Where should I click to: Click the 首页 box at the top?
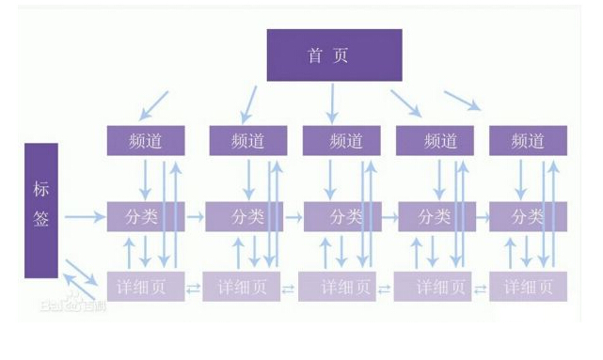tap(334, 55)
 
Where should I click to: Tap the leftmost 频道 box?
tap(145, 141)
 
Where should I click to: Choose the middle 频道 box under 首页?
tap(341, 141)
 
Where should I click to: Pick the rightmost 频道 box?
tap(528, 141)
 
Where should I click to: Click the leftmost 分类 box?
tap(145, 216)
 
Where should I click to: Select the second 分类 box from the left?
tap(244, 216)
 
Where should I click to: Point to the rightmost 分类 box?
tap(528, 216)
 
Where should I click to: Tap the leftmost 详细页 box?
tap(145, 286)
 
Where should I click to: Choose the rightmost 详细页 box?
tap(528, 286)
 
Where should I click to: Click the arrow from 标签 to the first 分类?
tap(86, 217)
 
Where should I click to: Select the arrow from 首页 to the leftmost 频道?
tap(154, 103)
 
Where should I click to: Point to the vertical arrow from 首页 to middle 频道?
tap(333, 102)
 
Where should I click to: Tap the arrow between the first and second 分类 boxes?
tap(195, 216)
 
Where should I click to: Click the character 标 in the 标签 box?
tap(41, 188)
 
